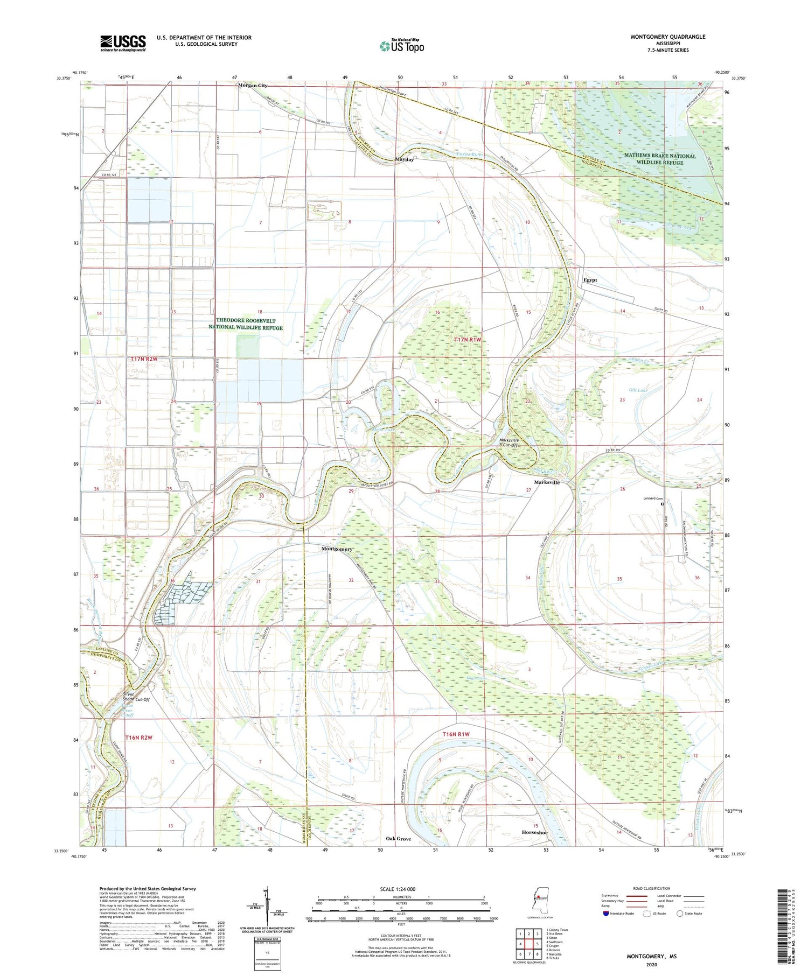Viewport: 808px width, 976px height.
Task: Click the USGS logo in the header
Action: tap(123, 43)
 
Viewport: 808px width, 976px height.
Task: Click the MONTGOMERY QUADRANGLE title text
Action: tap(668, 37)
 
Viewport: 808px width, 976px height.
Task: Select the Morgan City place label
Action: tap(253, 86)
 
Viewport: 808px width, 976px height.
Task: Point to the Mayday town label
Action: tap(405, 160)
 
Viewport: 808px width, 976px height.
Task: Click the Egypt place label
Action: tap(590, 280)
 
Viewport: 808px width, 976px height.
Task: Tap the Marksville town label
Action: tap(547, 482)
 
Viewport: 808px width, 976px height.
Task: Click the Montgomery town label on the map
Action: tap(337, 549)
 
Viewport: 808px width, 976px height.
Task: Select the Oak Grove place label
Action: tap(399, 839)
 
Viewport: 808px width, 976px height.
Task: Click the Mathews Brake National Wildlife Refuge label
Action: tap(660, 159)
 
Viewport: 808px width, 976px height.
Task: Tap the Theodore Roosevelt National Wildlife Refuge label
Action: tap(249, 324)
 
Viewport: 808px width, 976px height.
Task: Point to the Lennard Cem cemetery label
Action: tap(653, 498)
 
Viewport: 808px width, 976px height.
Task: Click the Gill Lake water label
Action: tap(638, 389)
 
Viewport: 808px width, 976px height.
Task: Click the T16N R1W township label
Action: tap(456, 734)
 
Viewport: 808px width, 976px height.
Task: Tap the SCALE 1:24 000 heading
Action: tap(398, 889)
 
